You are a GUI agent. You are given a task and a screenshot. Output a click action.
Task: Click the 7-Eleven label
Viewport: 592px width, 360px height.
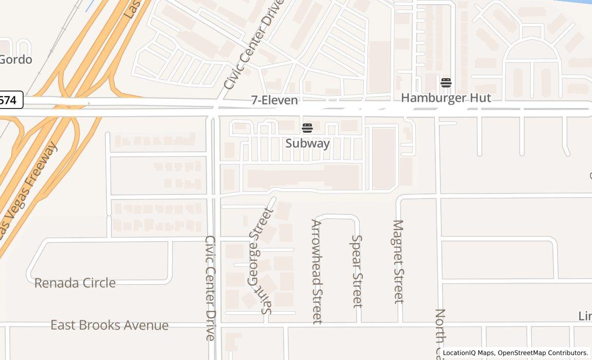[274, 100]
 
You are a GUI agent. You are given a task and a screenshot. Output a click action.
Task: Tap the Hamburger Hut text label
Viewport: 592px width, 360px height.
[446, 98]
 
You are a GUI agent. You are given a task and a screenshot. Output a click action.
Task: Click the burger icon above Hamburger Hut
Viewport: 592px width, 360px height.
[446, 82]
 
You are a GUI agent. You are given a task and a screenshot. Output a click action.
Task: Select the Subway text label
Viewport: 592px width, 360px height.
[307, 143]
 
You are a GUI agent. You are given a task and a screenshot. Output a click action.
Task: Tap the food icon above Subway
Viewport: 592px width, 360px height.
[307, 128]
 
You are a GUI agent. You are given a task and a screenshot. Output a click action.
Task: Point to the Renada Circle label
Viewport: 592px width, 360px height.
[75, 283]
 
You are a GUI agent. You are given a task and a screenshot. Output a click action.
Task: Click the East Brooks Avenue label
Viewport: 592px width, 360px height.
[109, 325]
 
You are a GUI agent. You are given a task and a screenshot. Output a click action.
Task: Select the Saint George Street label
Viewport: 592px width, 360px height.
[260, 261]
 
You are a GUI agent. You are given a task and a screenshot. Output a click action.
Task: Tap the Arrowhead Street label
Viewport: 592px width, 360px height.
[317, 272]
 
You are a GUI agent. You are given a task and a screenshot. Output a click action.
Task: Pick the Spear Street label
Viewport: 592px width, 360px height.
[357, 271]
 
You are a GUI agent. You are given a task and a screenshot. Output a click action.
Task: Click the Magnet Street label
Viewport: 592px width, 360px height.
[398, 261]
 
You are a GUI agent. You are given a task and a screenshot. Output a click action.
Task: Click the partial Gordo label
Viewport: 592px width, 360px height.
[15, 59]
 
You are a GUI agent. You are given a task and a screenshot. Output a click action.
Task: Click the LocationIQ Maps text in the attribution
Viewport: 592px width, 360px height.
[468, 353]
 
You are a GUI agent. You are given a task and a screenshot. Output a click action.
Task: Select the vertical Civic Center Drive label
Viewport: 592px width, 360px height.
[210, 288]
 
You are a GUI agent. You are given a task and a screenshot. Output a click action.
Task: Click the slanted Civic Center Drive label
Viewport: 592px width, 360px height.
[254, 44]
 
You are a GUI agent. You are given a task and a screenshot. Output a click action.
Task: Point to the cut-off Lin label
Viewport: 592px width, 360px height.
[585, 316]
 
